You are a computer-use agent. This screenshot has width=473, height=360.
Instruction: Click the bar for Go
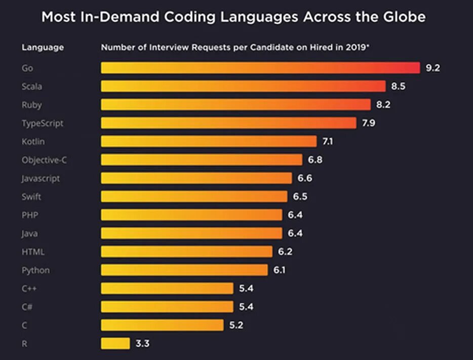click(260, 68)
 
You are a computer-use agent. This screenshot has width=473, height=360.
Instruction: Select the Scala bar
click(243, 86)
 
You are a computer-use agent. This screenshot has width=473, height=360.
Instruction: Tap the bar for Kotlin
click(209, 141)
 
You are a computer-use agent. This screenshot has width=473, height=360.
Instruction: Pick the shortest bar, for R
click(115, 343)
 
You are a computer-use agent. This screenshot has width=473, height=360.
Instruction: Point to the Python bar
click(184, 270)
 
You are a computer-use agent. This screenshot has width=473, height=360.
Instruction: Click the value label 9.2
click(433, 68)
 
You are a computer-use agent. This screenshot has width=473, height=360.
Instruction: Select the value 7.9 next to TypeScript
click(368, 123)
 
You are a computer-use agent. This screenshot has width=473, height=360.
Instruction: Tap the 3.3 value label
click(143, 343)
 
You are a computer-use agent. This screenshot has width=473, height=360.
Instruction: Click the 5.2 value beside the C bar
click(237, 325)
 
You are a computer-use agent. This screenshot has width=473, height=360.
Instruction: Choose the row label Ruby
click(31, 105)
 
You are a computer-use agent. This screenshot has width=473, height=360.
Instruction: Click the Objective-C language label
click(44, 160)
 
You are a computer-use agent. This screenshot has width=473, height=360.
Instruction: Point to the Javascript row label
click(41, 178)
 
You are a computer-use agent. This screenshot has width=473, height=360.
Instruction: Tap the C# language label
click(28, 307)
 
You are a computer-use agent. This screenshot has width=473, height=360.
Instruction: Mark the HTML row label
click(33, 252)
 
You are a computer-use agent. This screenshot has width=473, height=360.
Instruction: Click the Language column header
click(43, 48)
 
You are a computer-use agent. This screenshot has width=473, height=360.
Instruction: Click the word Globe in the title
click(404, 17)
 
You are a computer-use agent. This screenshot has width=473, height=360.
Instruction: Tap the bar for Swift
click(194, 196)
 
